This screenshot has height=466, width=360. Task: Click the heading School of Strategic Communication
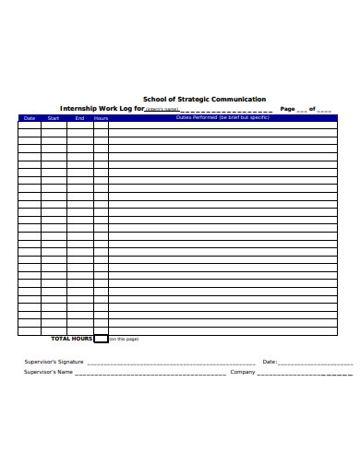click(x=204, y=99)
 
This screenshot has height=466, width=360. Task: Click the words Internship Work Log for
click(x=102, y=108)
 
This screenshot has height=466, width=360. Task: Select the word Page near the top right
click(x=287, y=108)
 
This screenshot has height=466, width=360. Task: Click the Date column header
click(x=30, y=118)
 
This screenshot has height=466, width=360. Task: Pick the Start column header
click(x=54, y=118)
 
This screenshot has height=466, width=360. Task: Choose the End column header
click(x=79, y=118)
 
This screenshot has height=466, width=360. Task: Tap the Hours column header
click(x=101, y=118)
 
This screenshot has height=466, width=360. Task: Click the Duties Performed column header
click(x=222, y=118)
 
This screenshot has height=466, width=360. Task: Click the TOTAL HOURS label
click(x=71, y=339)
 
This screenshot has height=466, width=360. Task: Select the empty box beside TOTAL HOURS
click(x=101, y=339)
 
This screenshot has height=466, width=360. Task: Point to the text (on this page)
click(x=124, y=340)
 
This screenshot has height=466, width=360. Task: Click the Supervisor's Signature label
click(x=54, y=362)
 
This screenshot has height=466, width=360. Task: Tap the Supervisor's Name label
click(x=48, y=373)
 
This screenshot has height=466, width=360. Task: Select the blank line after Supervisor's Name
click(x=150, y=375)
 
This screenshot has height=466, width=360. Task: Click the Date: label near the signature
click(x=270, y=362)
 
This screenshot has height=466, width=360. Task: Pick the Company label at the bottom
click(x=243, y=373)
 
